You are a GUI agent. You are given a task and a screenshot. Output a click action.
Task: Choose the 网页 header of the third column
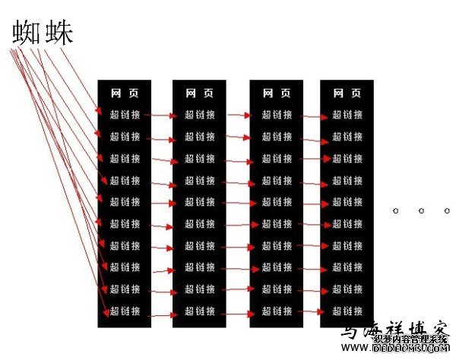(x=277, y=93)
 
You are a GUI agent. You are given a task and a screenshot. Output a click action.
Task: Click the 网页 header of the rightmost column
(x=347, y=93)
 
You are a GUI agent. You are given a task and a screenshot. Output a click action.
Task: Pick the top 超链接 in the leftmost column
(x=125, y=115)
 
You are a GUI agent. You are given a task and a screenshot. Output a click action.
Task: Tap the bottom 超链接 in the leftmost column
(x=125, y=311)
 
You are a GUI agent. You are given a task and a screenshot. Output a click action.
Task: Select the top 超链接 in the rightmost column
(x=347, y=115)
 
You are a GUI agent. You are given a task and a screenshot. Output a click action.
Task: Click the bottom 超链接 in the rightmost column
(x=347, y=311)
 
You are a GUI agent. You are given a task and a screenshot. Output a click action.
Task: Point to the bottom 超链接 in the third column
(x=277, y=311)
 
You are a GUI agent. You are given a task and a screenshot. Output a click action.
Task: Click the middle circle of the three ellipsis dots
(x=420, y=210)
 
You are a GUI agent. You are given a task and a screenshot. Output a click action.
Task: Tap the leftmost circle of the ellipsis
(x=395, y=210)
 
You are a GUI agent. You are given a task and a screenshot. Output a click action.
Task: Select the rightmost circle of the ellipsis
(x=446, y=210)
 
